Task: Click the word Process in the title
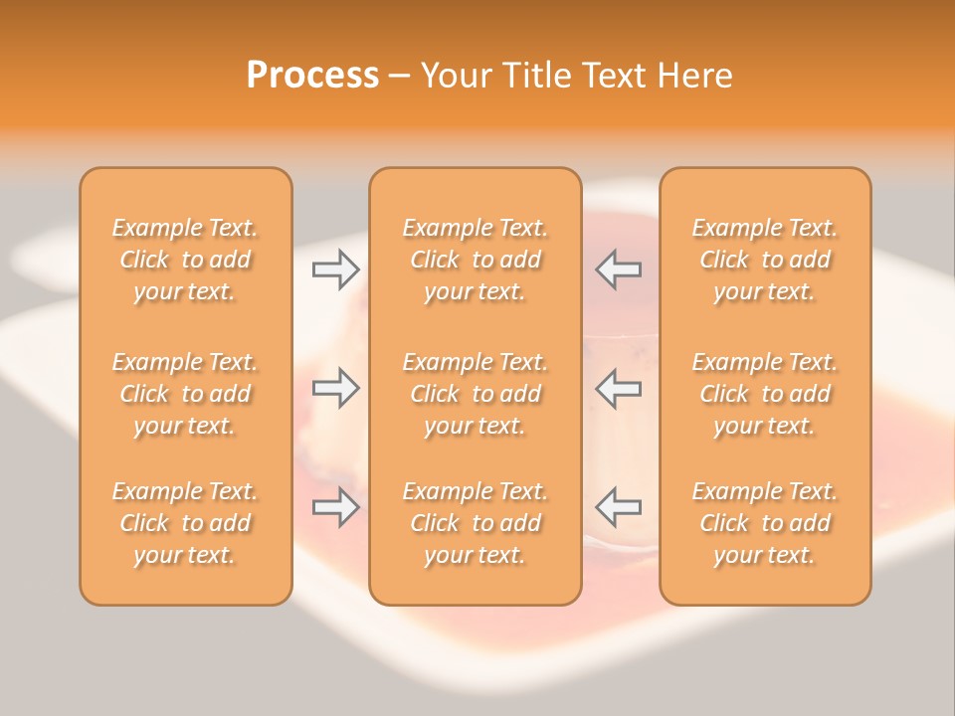312,76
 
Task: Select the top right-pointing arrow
335,269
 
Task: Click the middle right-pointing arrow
335,388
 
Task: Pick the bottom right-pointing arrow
335,507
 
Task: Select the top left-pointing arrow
619,269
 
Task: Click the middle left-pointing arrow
619,388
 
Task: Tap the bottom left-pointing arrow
619,507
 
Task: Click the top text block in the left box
185,260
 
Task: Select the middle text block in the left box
185,394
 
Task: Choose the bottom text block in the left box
185,523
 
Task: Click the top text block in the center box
475,260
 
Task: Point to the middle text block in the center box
475,394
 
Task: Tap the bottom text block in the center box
475,523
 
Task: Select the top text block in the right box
764,260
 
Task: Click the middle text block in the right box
764,394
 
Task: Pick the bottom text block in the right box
764,523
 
